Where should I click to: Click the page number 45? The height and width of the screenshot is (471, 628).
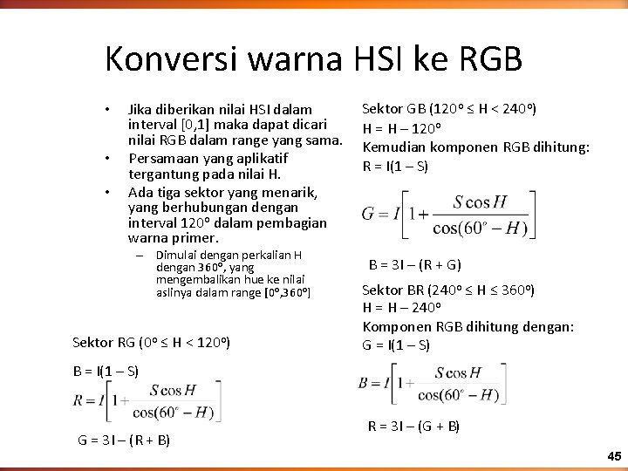pos(613,456)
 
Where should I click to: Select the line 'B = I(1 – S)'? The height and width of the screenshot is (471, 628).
pos(106,371)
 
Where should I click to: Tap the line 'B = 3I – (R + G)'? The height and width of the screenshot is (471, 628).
pos(414,264)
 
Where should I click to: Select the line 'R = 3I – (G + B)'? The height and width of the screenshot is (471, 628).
pos(413,427)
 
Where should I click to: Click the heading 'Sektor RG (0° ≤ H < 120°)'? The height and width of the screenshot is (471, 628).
pos(151,343)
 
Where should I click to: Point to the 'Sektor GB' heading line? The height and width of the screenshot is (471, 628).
pos(449,109)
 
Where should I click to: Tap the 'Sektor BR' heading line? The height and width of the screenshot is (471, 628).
pos(448,289)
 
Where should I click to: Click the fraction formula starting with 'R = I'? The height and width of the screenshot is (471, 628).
pos(145,402)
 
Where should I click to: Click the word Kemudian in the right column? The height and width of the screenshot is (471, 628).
pos(393,147)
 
